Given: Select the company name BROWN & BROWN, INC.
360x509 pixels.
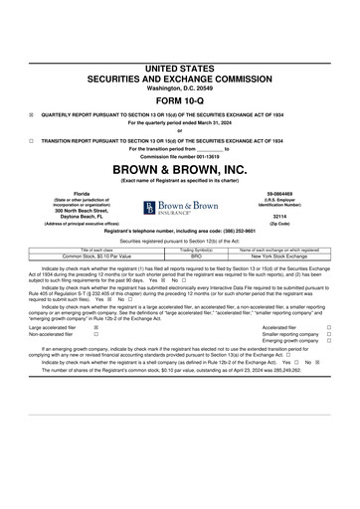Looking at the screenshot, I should tap(179, 167).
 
